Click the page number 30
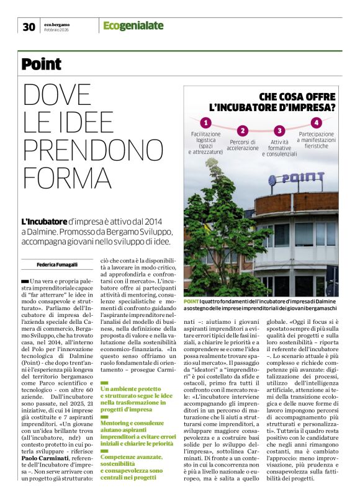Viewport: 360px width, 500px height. coord(29,26)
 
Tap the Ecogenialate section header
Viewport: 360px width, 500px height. coord(133,25)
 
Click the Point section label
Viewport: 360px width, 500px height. coord(42,63)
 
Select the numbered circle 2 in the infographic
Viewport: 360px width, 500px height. coord(243,130)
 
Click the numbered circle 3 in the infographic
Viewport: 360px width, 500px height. coord(280,130)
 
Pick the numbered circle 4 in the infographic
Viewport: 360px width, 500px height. coord(317,122)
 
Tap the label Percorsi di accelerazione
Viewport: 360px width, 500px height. coord(243,145)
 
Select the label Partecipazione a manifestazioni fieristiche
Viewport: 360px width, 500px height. coord(317,140)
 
